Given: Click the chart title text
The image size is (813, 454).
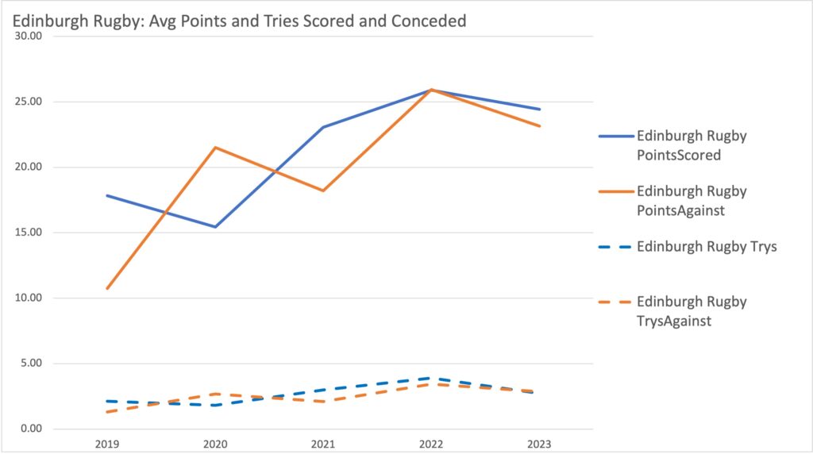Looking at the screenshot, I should pos(239,21).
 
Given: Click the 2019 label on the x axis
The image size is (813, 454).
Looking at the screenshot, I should pos(106,444).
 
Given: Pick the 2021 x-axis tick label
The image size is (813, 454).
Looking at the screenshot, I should pos(323,444).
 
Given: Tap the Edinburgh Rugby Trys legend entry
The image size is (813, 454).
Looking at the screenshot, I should pos(706,246).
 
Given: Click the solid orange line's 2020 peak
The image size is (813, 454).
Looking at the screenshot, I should pos(215,148).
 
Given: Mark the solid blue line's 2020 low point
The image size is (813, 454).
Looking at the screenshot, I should pos(215,227).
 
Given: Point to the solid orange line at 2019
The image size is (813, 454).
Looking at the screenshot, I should pos(107,288).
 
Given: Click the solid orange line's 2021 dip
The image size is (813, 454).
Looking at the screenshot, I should pos(323,190).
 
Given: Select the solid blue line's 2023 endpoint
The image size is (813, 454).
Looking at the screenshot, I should pos(540,110).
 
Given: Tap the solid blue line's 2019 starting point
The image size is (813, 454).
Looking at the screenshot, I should pos(107,195).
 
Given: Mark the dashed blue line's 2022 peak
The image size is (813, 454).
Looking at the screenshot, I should pos(431,378).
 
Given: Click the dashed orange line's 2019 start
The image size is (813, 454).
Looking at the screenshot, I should pos(107,412).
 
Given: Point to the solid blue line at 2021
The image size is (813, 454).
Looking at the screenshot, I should pos(323,127).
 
